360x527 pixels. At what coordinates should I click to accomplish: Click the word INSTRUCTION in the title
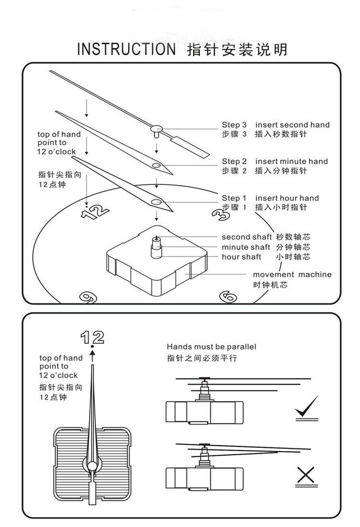[125, 50]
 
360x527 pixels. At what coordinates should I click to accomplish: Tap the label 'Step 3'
[234, 125]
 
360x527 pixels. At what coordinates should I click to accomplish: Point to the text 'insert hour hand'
[287, 198]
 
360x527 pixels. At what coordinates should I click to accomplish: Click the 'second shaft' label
[245, 237]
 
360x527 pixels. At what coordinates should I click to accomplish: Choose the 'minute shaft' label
[246, 247]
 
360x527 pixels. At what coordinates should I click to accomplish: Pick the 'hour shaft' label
[241, 257]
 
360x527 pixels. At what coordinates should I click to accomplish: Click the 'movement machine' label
[292, 274]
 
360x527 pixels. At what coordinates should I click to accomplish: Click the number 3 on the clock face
[220, 214]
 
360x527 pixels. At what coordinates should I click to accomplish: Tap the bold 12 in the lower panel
[92, 337]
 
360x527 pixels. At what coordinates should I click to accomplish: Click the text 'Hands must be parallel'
[211, 347]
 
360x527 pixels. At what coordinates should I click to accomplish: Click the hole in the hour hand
[157, 202]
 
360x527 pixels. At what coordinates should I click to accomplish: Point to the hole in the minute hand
[157, 166]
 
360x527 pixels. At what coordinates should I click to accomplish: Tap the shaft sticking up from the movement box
[157, 245]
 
